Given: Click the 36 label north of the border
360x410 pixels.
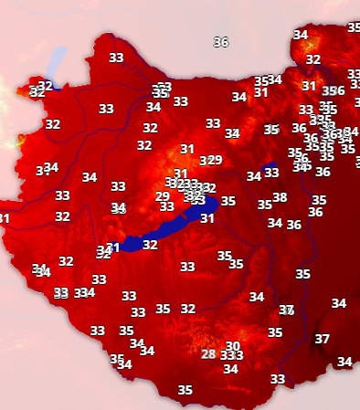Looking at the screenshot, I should click(x=220, y=42).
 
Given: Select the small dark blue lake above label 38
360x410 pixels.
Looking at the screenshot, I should click(x=270, y=170).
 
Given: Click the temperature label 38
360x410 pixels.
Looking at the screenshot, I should click(x=280, y=197).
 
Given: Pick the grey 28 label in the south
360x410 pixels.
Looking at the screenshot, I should click(x=209, y=354).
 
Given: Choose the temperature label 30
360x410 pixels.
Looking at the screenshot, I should click(x=233, y=346).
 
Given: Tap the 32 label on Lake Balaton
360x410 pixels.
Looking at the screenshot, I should click(x=150, y=245).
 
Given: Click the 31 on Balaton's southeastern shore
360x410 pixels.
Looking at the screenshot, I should click(x=207, y=218).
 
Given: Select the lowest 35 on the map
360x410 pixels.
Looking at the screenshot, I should click(x=185, y=390).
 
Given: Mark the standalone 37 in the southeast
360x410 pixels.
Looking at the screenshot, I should click(x=322, y=339).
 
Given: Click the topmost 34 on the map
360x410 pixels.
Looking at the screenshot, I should click(x=301, y=35).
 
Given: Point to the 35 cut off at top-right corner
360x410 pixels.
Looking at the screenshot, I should click(x=354, y=27).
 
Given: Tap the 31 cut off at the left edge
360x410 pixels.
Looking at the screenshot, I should click(x=4, y=218).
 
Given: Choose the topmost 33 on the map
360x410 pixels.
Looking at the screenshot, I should click(x=116, y=58).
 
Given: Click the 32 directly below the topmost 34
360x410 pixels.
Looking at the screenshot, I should click(x=313, y=59).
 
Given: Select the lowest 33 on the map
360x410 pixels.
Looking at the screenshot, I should click(x=278, y=378).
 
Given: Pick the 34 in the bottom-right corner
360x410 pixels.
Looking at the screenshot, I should click(x=344, y=362).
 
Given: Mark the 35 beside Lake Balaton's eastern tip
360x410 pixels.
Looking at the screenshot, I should click(x=228, y=201).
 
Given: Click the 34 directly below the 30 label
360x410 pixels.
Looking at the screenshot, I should click(x=230, y=369).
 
